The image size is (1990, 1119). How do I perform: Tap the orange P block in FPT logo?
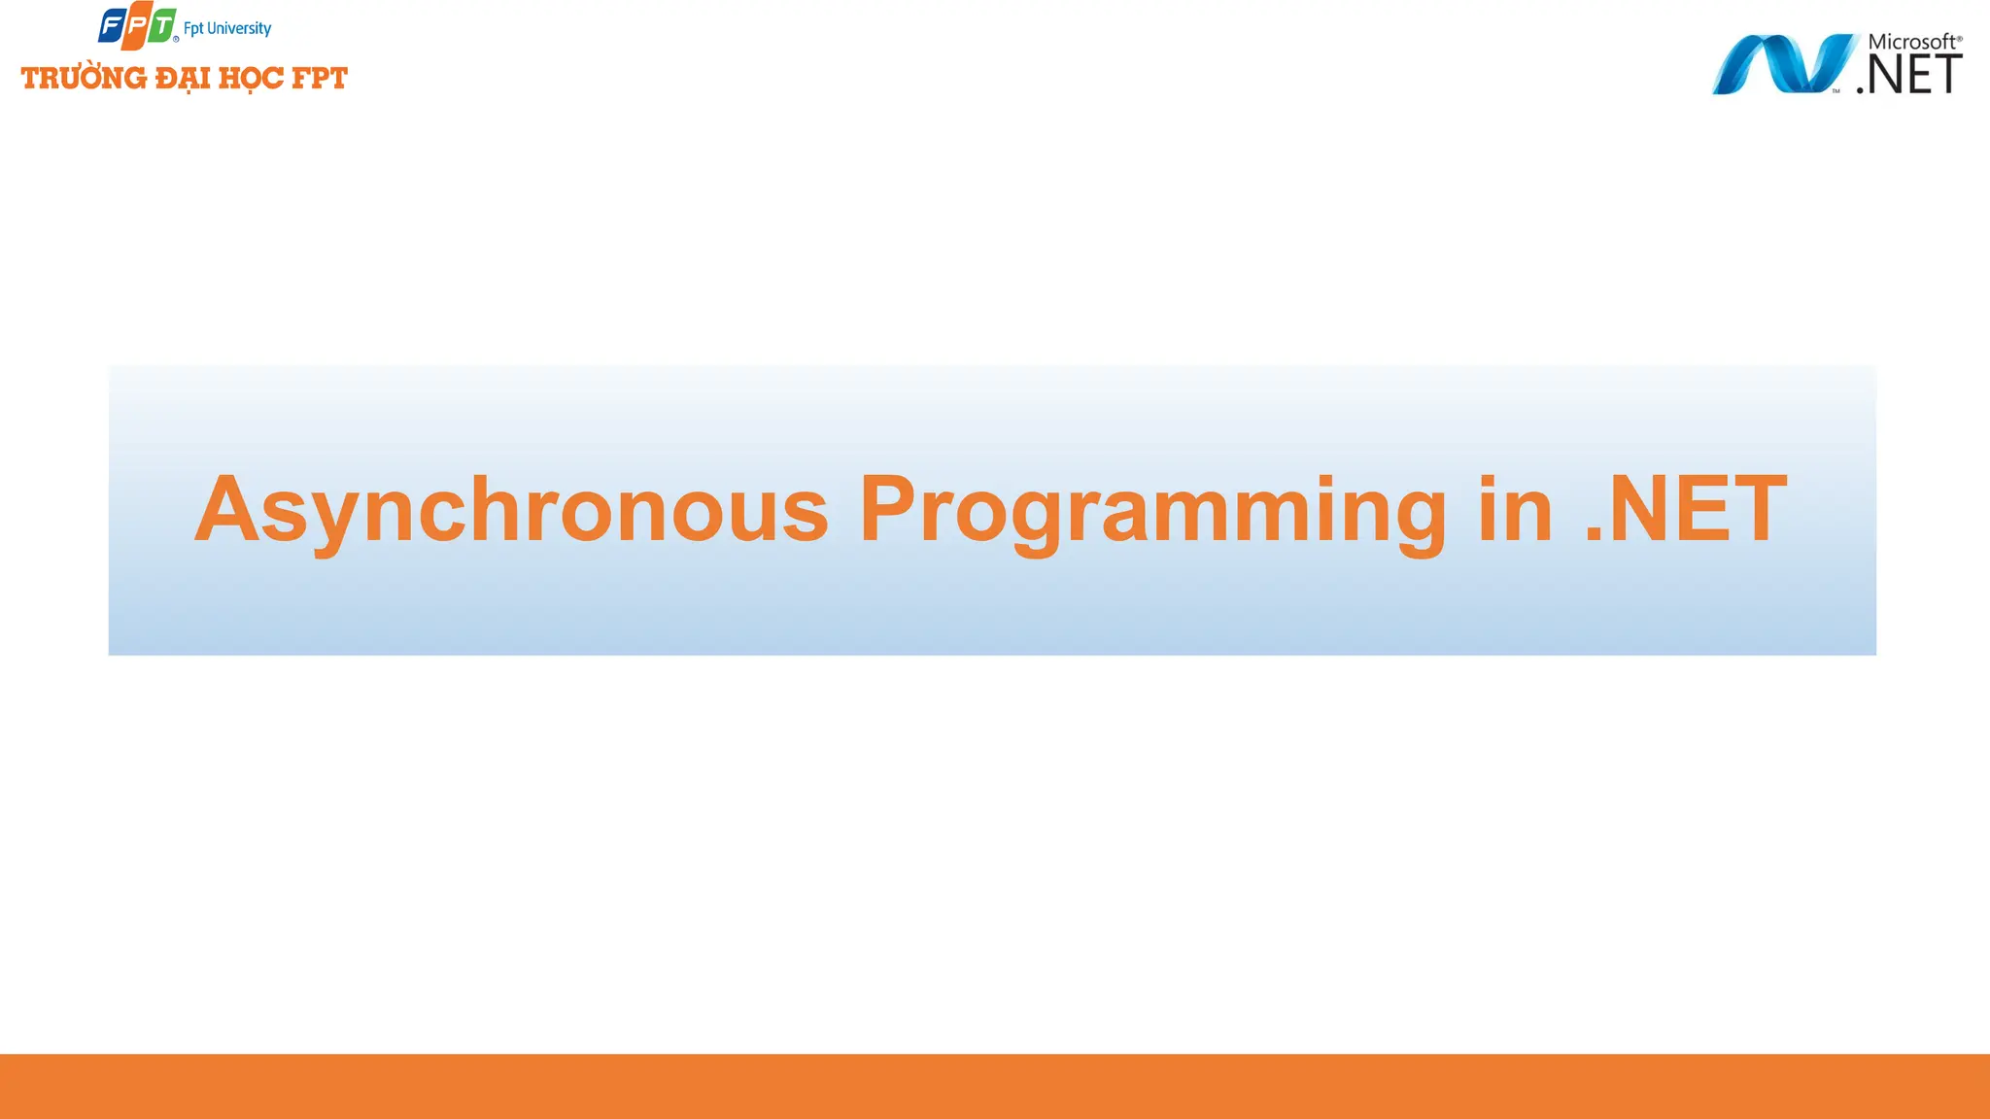pos(136,26)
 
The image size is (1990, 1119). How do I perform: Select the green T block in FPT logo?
pos(162,25)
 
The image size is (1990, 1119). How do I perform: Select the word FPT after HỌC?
pos(320,78)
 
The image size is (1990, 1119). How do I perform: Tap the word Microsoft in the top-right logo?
pos(1909,42)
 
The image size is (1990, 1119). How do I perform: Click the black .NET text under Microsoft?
pos(1909,75)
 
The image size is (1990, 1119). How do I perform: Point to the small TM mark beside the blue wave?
pos(1836,91)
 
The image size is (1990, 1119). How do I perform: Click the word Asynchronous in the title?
pos(511,510)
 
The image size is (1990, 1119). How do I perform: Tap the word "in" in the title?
pos(1516,510)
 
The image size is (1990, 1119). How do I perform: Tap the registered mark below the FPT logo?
pos(176,39)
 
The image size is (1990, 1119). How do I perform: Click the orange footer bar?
pos(995,1086)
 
